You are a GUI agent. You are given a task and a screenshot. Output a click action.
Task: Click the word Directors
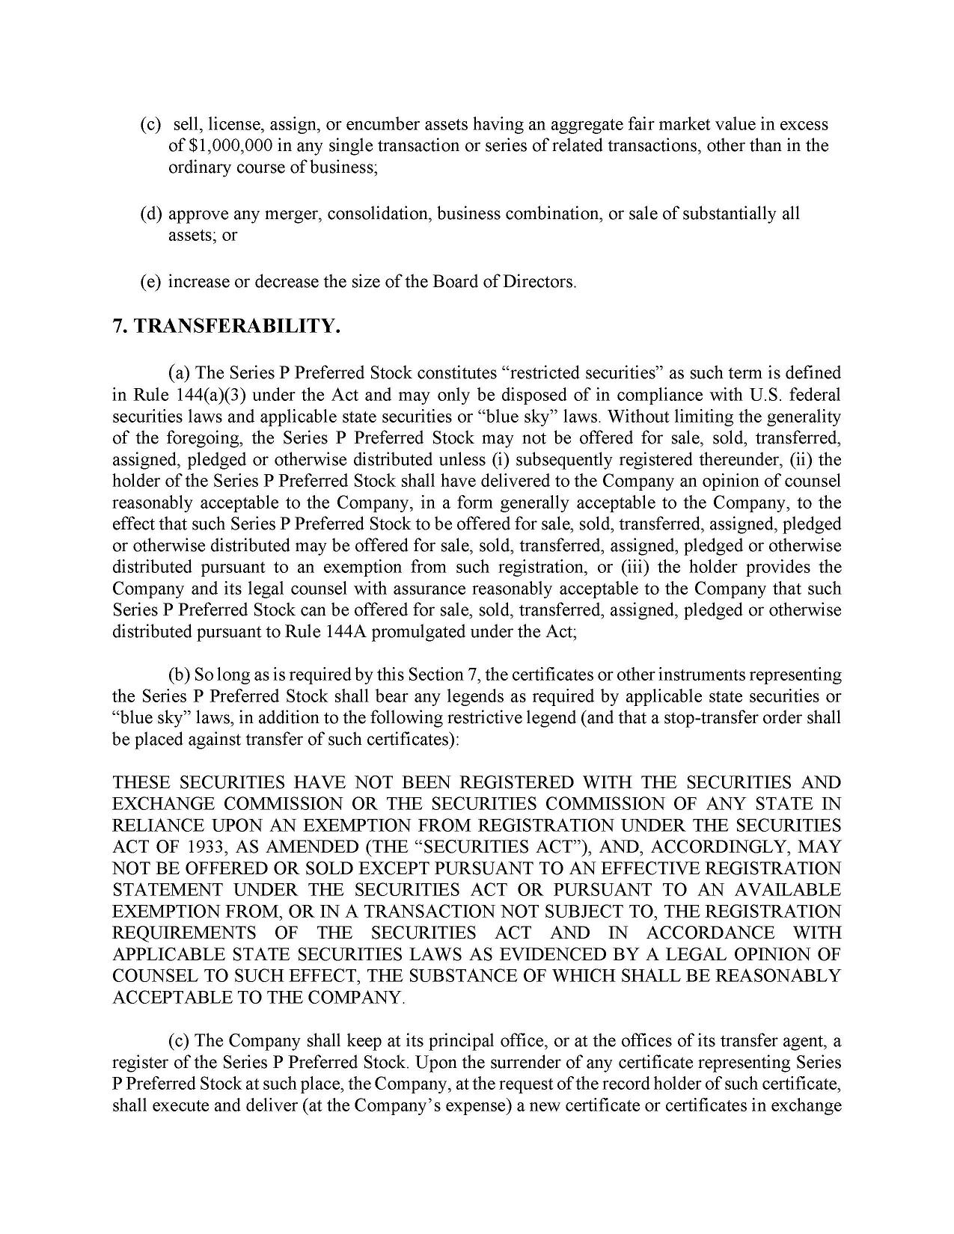[539, 282]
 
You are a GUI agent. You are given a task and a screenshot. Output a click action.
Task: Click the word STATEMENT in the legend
[167, 890]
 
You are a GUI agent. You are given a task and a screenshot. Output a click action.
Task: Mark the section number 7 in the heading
[118, 326]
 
